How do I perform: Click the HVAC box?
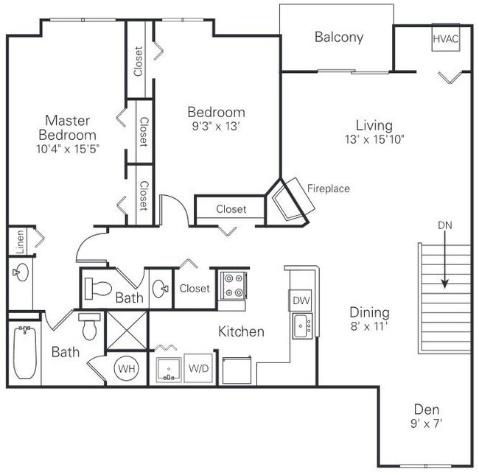446,38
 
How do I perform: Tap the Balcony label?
339,38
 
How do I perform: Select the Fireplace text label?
329,189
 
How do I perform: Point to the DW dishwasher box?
301,300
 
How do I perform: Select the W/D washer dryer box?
198,367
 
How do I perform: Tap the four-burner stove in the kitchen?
234,286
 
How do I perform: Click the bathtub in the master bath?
24,352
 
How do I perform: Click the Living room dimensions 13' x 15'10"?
374,138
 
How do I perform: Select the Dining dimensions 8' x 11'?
370,326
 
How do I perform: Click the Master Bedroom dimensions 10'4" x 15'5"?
69,148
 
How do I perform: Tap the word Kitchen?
241,332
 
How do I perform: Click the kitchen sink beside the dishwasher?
302,324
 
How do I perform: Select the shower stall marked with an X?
127,328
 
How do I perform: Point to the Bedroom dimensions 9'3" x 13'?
215,125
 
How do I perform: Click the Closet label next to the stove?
195,289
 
